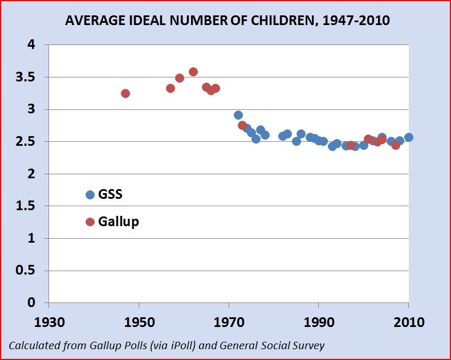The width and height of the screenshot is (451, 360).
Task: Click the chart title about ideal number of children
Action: [227, 21]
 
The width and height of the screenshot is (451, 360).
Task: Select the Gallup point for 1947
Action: [125, 93]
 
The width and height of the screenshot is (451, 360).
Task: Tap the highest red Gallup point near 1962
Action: [193, 72]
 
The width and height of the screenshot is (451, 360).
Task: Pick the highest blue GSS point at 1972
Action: [238, 115]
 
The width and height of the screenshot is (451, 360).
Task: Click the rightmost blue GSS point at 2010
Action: [409, 137]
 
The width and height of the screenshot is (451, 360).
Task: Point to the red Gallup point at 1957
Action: [170, 88]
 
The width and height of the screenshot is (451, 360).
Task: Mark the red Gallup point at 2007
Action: [396, 145]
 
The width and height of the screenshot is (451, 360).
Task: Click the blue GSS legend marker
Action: [90, 195]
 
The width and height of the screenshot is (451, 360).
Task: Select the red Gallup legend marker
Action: [90, 222]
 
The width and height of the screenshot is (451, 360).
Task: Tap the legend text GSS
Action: [110, 194]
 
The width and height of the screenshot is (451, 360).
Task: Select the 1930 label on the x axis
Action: [49, 322]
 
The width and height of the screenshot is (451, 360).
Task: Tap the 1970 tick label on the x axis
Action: [229, 322]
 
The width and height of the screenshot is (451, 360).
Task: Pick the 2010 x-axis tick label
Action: [409, 322]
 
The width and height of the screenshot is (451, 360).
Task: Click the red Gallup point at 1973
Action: [242, 125]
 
